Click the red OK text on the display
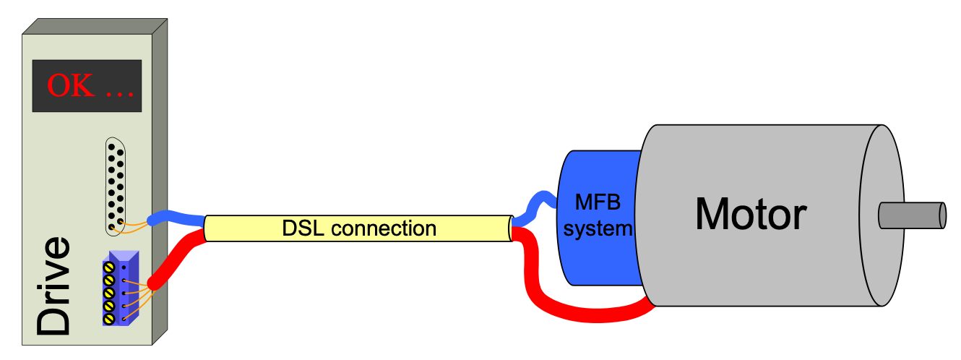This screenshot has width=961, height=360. (71, 86)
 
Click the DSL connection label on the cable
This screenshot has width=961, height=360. (358, 228)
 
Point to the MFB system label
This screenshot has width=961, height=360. (597, 214)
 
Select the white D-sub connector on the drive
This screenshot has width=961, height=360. (116, 184)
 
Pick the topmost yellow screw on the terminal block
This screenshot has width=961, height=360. (109, 268)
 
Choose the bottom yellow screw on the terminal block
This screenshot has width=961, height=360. (109, 316)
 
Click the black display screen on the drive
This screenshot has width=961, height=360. (86, 85)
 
